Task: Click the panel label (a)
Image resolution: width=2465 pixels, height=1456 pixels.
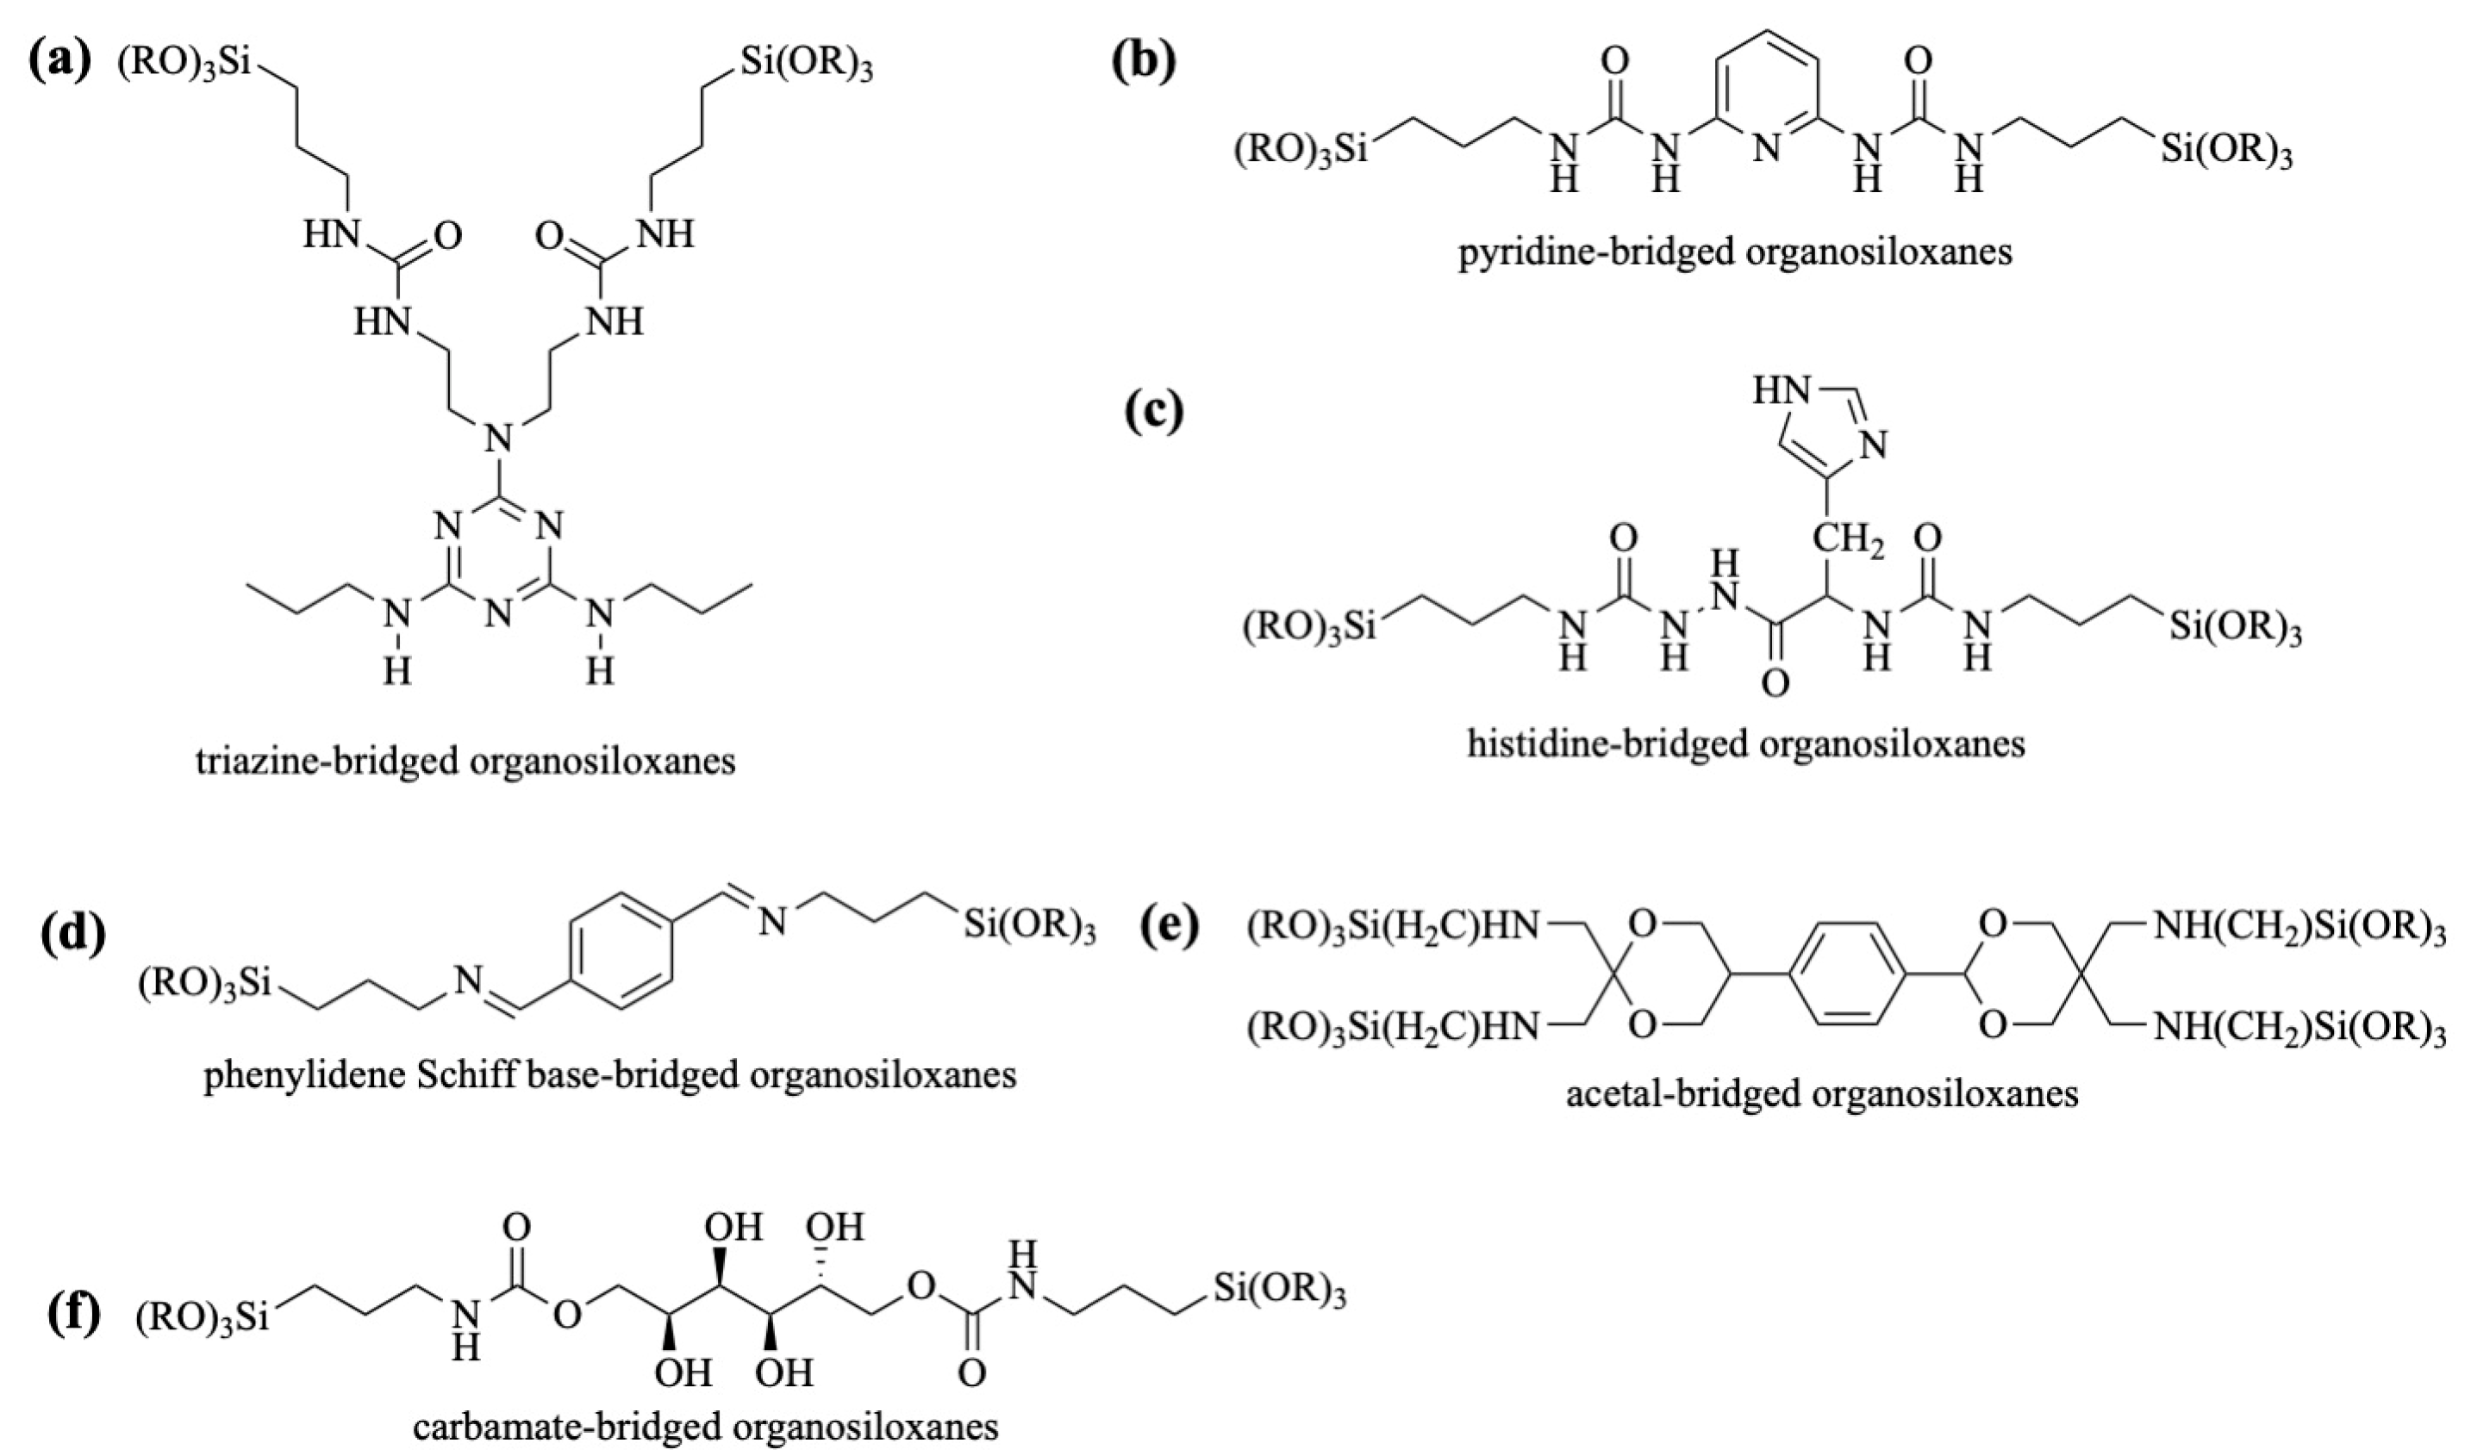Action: coord(62,65)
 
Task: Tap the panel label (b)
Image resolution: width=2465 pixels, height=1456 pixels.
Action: coord(1143,65)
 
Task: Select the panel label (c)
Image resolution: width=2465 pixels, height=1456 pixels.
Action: coord(1154,412)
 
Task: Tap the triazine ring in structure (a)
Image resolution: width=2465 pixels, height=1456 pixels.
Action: coord(498,565)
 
